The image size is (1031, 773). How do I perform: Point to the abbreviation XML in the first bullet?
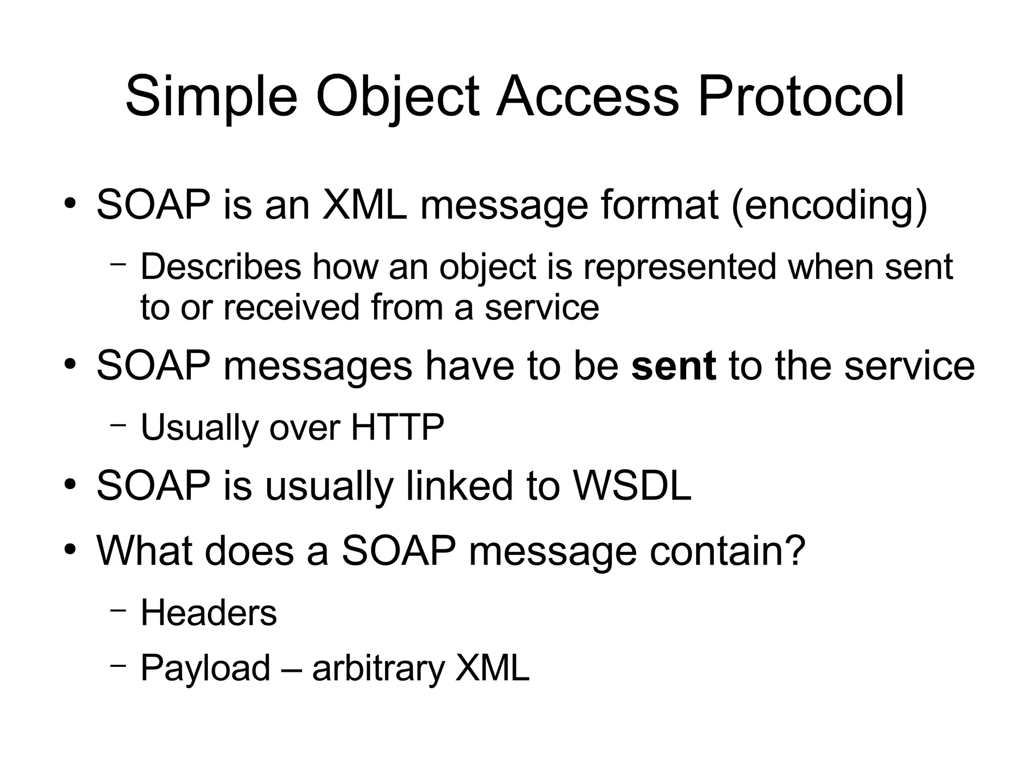(x=364, y=205)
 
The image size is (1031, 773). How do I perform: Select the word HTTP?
(x=397, y=428)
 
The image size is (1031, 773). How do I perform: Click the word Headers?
(x=208, y=613)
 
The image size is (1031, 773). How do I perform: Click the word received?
(x=291, y=307)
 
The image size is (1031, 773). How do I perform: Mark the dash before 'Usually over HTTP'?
(x=117, y=425)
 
